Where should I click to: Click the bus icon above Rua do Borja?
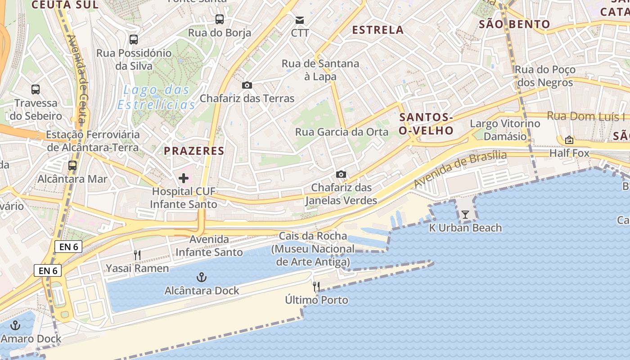219,19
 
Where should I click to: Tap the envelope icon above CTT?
300,20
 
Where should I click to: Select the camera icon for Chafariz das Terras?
247,85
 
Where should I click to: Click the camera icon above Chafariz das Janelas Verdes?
341,174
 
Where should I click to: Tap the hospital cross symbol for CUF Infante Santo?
184,178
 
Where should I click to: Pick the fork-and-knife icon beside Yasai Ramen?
137,255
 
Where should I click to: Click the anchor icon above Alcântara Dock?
202,277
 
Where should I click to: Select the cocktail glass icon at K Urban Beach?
465,215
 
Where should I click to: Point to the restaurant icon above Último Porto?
316,286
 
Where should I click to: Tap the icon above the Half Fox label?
569,140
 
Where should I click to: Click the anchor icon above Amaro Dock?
16,325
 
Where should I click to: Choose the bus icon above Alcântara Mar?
72,166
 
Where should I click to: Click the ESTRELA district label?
378,30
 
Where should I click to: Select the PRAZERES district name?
194,151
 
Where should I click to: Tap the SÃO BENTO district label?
514,24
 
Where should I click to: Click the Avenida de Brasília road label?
460,169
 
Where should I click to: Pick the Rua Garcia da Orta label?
342,132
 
